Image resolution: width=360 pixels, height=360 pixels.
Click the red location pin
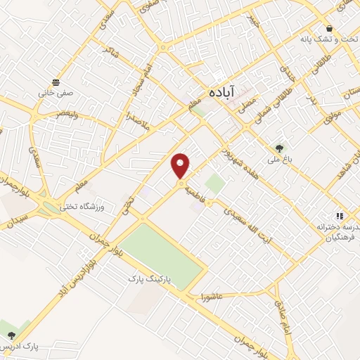click(x=181, y=165)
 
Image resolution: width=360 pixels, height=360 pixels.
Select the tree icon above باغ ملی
click(x=280, y=148)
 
